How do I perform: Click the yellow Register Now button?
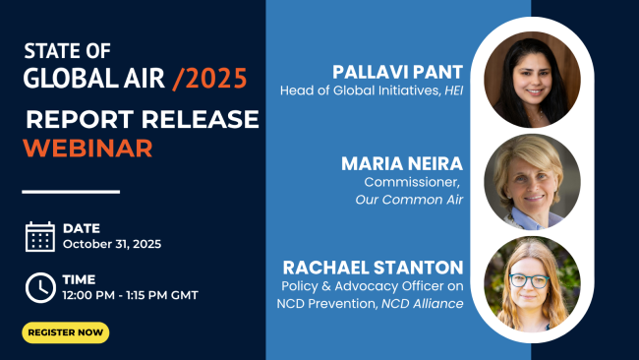point(66,332)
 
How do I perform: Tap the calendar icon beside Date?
point(39,236)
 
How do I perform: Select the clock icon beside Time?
point(39,286)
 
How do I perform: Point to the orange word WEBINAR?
point(87,149)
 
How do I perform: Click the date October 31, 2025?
point(111,244)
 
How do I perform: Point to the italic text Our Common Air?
point(414,200)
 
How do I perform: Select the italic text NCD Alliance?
point(428,306)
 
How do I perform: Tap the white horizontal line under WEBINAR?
point(71,191)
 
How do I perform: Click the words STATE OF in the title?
point(67,51)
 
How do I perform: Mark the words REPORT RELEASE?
point(143,120)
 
